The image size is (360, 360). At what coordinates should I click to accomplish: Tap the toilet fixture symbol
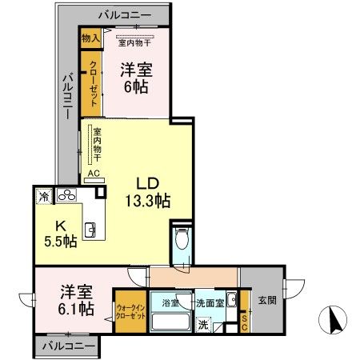pyautogui.click(x=182, y=238)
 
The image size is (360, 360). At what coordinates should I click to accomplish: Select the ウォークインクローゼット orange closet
pyautogui.click(x=130, y=310)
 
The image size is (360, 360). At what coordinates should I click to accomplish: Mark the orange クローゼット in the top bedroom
pyautogui.click(x=92, y=79)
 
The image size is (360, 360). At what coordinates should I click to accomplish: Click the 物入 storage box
pyautogui.click(x=90, y=37)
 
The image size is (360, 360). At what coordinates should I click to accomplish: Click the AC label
pyautogui.click(x=93, y=173)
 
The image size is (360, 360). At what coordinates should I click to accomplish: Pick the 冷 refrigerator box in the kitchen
pyautogui.click(x=42, y=195)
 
